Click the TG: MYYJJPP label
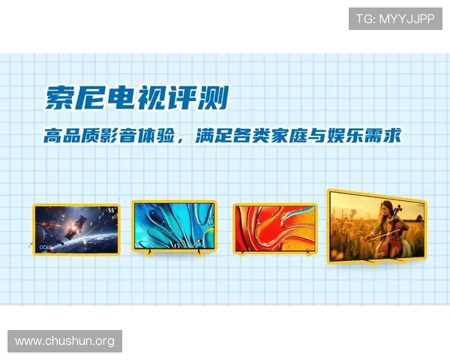point(395,19)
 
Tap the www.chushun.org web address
point(65,341)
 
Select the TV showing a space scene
point(76,228)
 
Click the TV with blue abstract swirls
point(174,226)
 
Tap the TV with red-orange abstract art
point(274,226)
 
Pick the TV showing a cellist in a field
point(376,223)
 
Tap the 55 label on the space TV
point(111,210)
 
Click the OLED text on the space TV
point(43,245)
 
